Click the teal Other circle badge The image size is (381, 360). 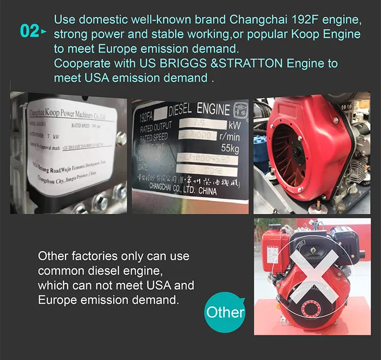click(225, 312)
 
